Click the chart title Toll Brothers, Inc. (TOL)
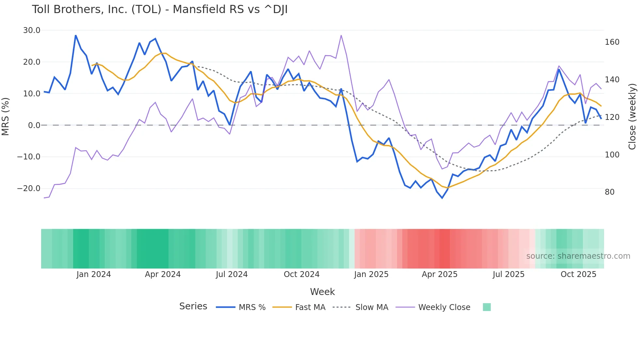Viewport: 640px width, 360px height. coord(160,9)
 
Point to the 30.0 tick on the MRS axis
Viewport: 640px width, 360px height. coord(32,30)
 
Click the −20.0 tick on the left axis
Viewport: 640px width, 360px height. coord(29,188)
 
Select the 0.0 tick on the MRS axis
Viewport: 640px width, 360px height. coord(34,125)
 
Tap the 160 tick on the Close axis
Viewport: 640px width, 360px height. coord(612,42)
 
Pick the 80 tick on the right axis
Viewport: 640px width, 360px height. coord(609,192)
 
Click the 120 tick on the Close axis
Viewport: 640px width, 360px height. coord(612,117)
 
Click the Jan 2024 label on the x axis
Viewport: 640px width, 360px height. coord(94,274)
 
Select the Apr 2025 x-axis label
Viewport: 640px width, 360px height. coord(440,274)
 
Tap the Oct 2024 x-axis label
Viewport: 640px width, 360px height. coord(301,274)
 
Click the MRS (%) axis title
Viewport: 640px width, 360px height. coord(6,116)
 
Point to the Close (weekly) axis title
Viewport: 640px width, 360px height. coord(632,116)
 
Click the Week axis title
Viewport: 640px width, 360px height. coord(322,292)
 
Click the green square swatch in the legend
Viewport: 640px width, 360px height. coord(487,307)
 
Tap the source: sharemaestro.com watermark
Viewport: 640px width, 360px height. coord(578,256)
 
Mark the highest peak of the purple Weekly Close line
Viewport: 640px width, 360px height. coord(341,35)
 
